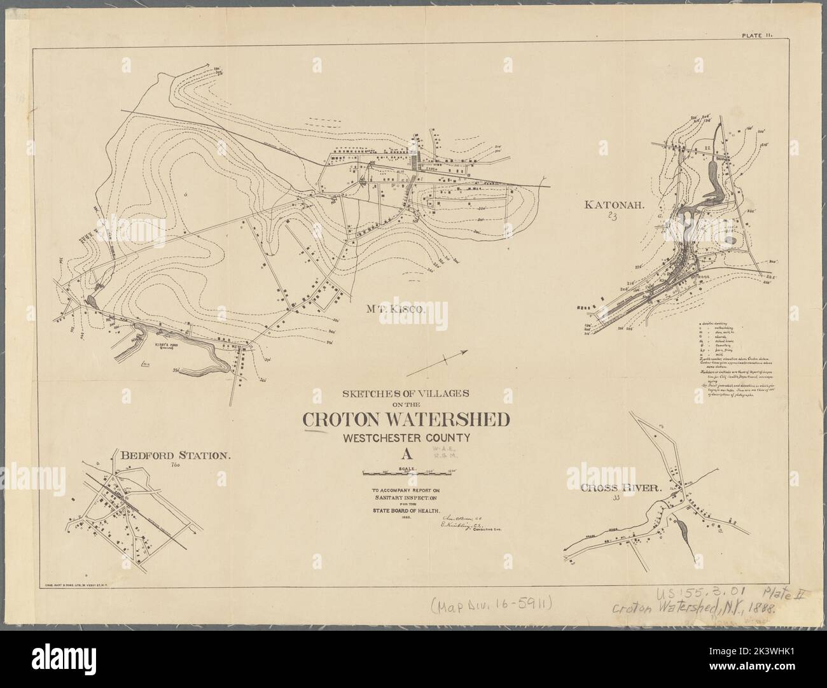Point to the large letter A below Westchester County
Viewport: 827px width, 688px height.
(405, 455)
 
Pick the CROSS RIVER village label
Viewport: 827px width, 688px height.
(620, 488)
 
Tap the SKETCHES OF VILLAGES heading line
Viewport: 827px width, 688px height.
(405, 392)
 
